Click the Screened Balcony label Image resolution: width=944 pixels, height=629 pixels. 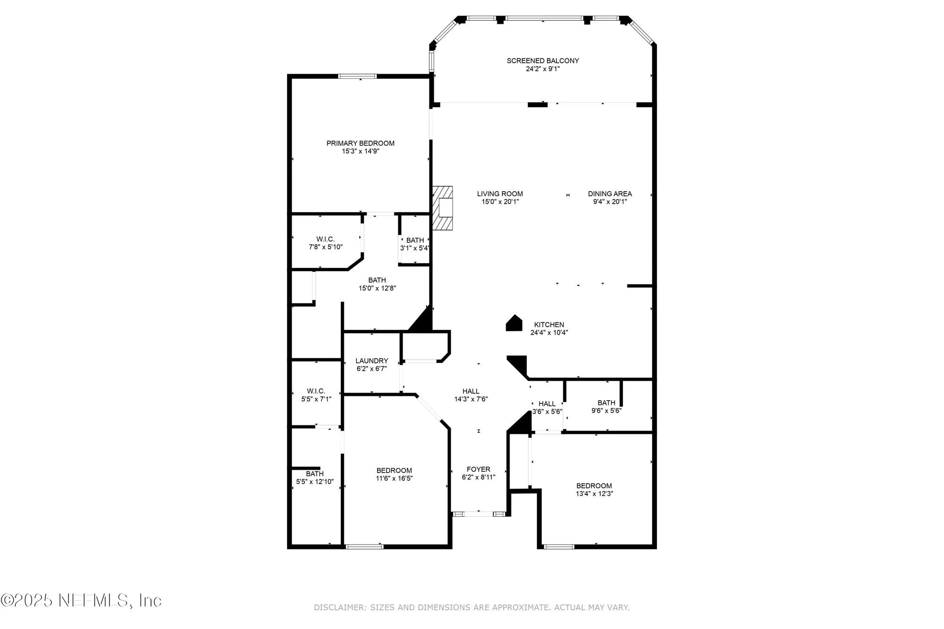pyautogui.click(x=543, y=60)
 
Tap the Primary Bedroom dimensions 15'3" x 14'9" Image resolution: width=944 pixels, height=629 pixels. pyautogui.click(x=361, y=151)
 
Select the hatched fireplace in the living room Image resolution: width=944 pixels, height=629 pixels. pyautogui.click(x=443, y=208)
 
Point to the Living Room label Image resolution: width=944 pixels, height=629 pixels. pyautogui.click(x=500, y=193)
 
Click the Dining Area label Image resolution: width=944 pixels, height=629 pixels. pyautogui.click(x=610, y=193)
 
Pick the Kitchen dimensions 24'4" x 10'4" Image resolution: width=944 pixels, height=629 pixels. pyautogui.click(x=549, y=333)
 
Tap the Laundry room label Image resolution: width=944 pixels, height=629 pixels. pyautogui.click(x=372, y=361)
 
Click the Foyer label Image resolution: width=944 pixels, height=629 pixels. pyautogui.click(x=478, y=469)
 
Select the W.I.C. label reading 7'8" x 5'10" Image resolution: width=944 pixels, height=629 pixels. pyautogui.click(x=326, y=243)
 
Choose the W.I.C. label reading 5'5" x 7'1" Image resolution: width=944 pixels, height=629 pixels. pyautogui.click(x=316, y=395)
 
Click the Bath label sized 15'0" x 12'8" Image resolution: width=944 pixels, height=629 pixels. pyautogui.click(x=377, y=284)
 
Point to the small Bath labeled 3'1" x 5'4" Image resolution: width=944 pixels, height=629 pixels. pyautogui.click(x=415, y=244)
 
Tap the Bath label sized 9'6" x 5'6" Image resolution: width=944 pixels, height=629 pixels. pyautogui.click(x=607, y=406)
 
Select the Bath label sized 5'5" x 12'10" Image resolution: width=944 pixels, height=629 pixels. pyautogui.click(x=315, y=478)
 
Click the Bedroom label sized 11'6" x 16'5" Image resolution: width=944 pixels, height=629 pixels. pyautogui.click(x=394, y=474)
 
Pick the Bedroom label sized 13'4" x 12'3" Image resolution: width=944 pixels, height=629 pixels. pyautogui.click(x=594, y=489)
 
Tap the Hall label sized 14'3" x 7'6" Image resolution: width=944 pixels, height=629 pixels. pyautogui.click(x=471, y=395)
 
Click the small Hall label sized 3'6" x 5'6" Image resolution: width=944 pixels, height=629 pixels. pyautogui.click(x=547, y=407)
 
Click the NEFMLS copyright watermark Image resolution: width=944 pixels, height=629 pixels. pyautogui.click(x=81, y=600)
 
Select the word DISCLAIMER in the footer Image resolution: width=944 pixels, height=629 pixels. pyautogui.click(x=339, y=607)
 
